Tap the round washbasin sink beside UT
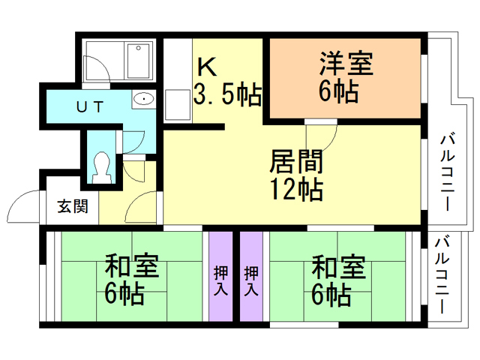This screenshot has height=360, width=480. click(142, 100)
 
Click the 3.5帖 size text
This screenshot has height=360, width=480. click(227, 94)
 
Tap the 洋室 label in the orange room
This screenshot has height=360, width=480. click(345, 64)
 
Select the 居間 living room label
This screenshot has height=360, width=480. click(296, 161)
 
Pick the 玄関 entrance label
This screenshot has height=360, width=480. click(73, 205)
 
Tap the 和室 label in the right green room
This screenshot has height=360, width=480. click(338, 266)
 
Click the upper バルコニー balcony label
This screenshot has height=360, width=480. click(448, 172)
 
